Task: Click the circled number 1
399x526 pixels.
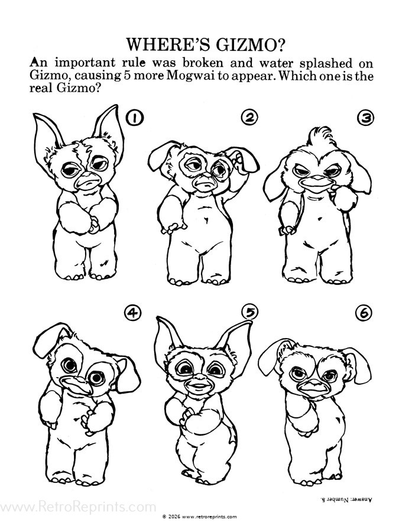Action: (x=134, y=118)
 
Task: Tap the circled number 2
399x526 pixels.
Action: (x=249, y=118)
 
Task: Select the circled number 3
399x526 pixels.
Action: (x=365, y=118)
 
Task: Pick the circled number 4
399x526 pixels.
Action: (x=132, y=313)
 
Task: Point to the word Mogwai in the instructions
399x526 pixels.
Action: (x=189, y=76)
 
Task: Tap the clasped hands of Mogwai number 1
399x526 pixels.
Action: (x=93, y=223)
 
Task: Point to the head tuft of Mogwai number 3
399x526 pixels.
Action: (x=322, y=138)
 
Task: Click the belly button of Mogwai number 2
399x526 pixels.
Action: (x=206, y=220)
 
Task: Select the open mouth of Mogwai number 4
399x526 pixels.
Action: (x=75, y=384)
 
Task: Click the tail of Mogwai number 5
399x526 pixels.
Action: (x=232, y=436)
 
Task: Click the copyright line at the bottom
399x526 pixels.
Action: (x=199, y=517)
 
